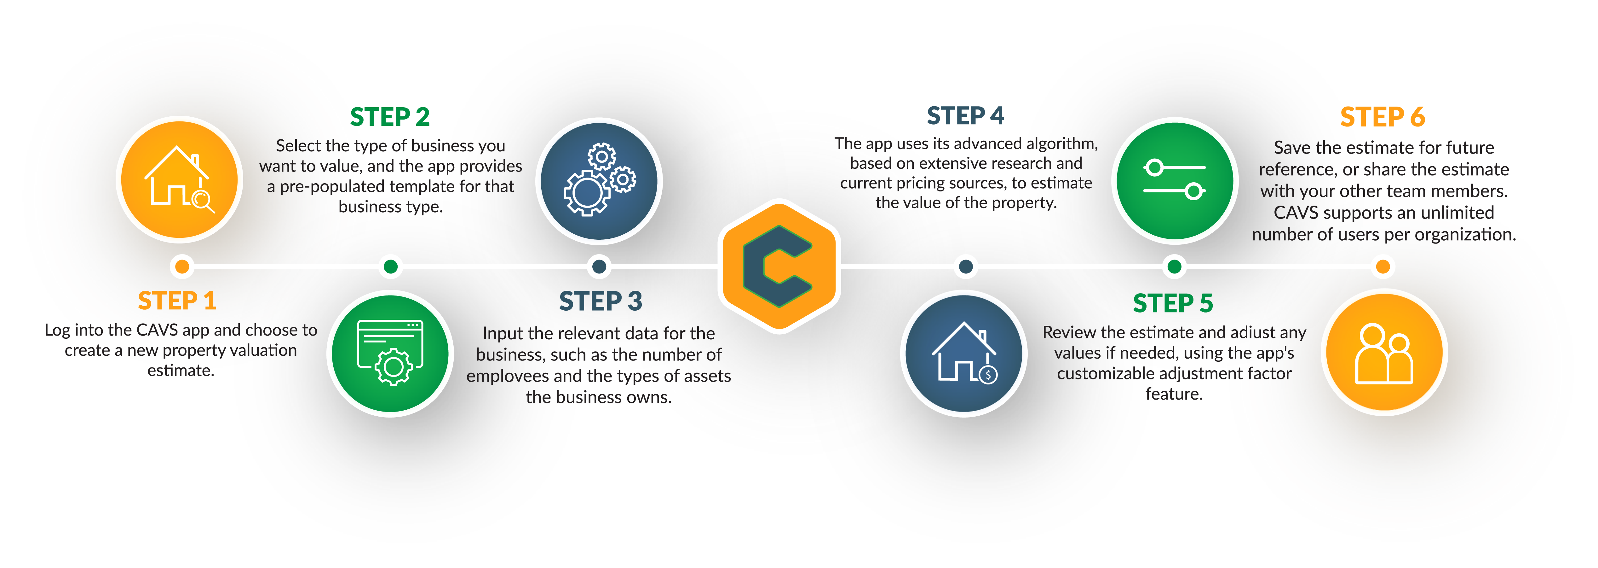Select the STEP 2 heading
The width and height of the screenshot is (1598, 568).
point(389,117)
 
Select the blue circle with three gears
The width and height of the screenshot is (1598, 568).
point(599,181)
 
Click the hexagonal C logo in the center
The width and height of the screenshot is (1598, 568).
point(779,266)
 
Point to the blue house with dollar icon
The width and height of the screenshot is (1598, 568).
point(964,353)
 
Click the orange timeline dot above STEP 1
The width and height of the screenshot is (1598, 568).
point(182,267)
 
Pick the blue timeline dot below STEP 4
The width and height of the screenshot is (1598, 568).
point(965,267)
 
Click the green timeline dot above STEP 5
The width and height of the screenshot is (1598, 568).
point(1174,267)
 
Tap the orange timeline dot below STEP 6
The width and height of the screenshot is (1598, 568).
point(1383,267)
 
